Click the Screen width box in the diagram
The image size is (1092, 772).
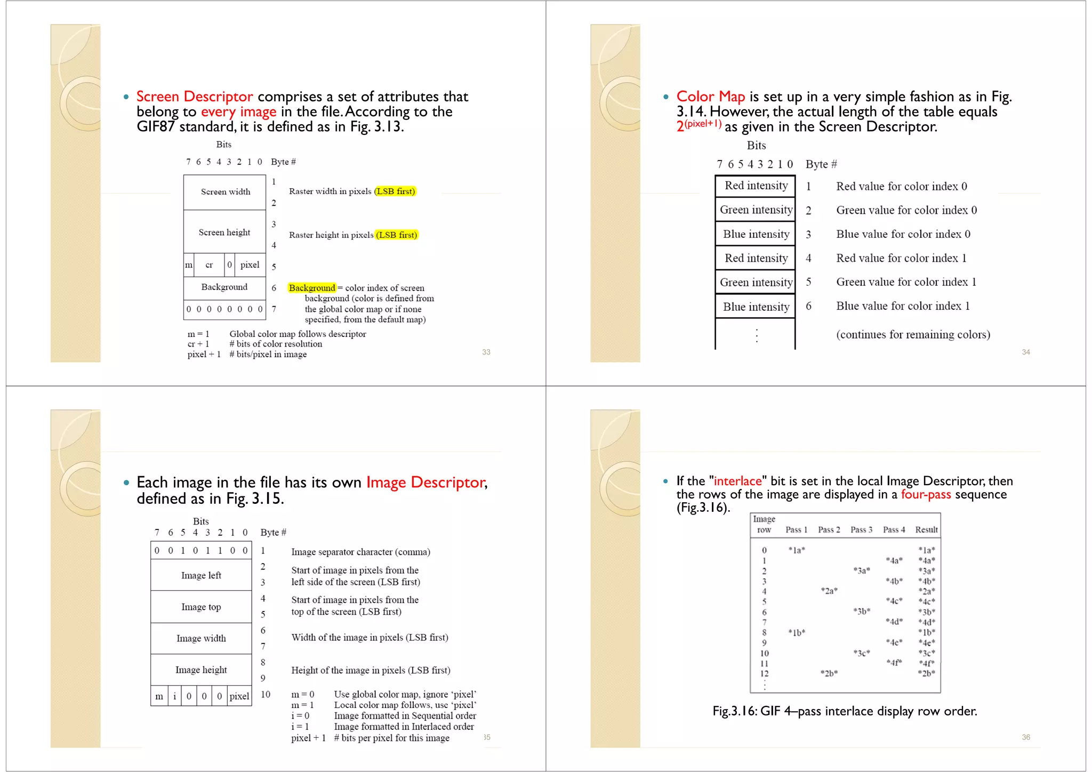click(x=225, y=192)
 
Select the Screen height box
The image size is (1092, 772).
click(x=224, y=232)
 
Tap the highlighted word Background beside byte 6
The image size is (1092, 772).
click(x=312, y=288)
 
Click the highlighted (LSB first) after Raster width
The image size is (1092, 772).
click(x=395, y=191)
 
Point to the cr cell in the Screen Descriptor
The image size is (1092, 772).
click(x=209, y=265)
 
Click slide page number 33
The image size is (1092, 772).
click(x=486, y=352)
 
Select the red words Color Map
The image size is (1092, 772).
click(x=710, y=96)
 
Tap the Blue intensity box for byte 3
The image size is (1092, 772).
click(x=756, y=235)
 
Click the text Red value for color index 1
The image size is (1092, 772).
click(x=901, y=258)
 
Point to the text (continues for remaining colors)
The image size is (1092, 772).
click(x=913, y=335)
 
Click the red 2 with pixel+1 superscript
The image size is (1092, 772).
click(x=698, y=125)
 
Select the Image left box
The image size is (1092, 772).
click(x=201, y=575)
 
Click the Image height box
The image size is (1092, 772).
click(x=201, y=670)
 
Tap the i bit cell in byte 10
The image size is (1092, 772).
click(x=174, y=696)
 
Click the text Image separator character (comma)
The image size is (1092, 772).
click(x=360, y=552)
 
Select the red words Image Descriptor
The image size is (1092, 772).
click(x=425, y=482)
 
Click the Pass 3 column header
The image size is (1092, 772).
click(x=861, y=529)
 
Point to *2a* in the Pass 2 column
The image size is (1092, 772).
click(x=829, y=591)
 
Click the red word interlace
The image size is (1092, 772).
click(x=737, y=481)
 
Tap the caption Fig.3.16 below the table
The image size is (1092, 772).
click(x=845, y=711)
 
